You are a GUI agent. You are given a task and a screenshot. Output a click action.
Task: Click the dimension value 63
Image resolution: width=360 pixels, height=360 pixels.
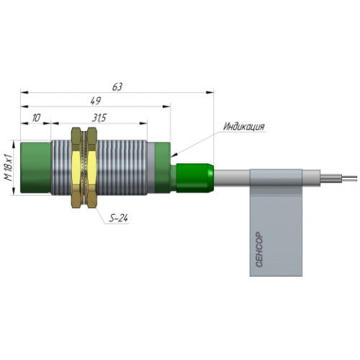(117, 86)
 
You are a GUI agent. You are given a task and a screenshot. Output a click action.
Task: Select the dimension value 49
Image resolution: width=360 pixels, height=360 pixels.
(96, 101)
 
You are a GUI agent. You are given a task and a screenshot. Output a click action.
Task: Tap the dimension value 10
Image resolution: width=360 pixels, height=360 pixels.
(37, 118)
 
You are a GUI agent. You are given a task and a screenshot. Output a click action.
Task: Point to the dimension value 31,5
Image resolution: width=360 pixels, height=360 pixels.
(99, 118)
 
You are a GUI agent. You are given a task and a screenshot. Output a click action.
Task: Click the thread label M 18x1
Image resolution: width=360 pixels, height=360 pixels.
(9, 167)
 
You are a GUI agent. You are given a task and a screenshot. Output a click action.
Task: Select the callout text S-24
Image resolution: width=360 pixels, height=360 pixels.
(119, 218)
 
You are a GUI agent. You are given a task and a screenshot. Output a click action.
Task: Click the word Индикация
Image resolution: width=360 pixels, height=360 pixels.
(244, 127)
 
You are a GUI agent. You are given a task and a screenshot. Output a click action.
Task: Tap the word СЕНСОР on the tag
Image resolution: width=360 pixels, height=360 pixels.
(259, 249)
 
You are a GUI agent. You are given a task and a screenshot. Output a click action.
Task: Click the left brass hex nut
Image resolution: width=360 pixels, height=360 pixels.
(76, 168)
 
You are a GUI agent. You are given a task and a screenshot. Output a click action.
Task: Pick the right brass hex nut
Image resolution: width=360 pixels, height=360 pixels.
(92, 168)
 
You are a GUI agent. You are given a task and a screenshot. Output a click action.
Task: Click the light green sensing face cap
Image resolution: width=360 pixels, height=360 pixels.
(36, 168)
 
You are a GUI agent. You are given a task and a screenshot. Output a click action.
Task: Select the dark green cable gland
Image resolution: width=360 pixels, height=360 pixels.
(194, 178)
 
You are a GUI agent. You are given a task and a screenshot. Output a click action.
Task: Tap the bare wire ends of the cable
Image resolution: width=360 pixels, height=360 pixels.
(339, 179)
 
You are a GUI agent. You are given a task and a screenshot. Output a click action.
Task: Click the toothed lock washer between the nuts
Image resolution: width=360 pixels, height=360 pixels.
(84, 168)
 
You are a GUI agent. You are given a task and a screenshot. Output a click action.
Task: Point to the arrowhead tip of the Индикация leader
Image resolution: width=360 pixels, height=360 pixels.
(171, 156)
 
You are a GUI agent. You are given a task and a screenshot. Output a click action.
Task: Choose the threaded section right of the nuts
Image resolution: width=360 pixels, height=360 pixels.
(122, 168)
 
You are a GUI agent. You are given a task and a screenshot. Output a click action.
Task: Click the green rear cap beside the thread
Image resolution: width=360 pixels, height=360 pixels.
(163, 168)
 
